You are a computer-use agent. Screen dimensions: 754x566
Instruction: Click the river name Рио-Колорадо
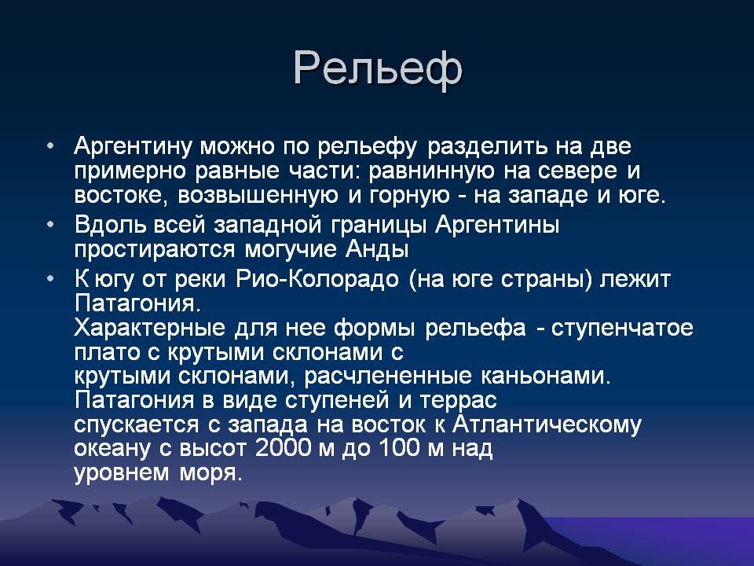coord(317,278)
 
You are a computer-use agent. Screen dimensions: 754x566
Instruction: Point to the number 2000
coord(284,448)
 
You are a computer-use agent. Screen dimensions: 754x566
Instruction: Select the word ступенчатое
coord(622,329)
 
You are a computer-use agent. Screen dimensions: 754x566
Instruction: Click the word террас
coord(458,401)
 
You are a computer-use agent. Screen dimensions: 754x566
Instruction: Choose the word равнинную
coord(431,171)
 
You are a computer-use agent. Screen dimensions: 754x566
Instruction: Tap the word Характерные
coord(149,328)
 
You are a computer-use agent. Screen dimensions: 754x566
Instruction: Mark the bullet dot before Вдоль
coord(50,225)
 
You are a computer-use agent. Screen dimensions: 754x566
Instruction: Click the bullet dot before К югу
coord(50,278)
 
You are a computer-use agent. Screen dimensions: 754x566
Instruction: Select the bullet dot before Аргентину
coord(50,146)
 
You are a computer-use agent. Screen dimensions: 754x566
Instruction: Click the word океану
coord(112,449)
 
